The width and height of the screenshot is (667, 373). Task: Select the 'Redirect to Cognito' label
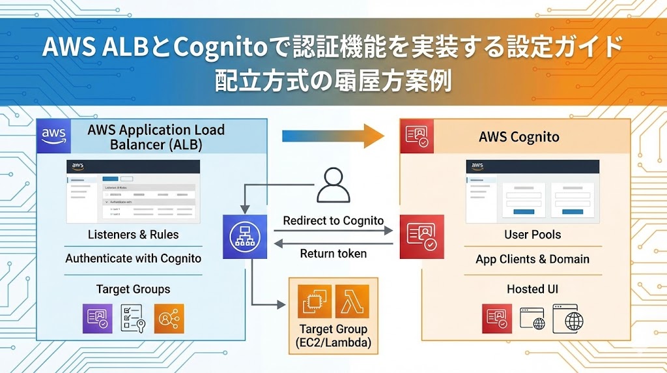click(333, 220)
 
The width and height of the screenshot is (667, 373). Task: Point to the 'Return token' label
click(333, 254)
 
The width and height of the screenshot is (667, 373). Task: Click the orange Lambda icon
click(352, 301)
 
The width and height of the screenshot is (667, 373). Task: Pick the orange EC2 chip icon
click(315, 301)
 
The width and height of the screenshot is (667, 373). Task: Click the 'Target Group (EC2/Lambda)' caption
click(333, 336)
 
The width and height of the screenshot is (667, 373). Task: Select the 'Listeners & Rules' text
click(133, 234)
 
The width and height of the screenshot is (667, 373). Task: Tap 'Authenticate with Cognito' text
click(133, 258)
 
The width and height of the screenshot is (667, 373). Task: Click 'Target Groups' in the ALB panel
click(133, 289)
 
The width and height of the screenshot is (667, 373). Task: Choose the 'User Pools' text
click(532, 234)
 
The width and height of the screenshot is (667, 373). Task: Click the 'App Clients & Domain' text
click(532, 259)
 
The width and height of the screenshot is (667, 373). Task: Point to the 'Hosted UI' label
click(532, 289)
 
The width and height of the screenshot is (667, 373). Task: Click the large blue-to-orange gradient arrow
click(333, 136)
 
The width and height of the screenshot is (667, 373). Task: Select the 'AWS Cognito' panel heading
click(518, 137)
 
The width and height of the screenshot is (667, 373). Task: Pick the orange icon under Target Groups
click(169, 319)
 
